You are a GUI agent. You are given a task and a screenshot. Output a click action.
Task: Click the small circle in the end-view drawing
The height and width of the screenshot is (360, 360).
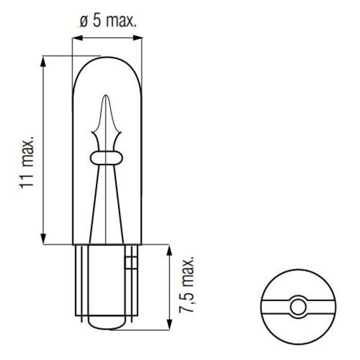pos(297,307)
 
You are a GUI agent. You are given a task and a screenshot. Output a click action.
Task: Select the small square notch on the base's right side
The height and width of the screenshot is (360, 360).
pos(131,262)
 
